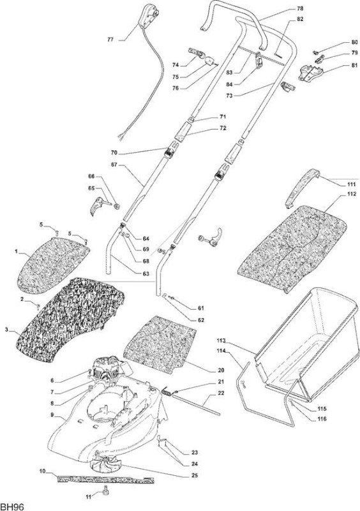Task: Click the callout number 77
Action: coord(110,40)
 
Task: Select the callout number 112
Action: coord(350,195)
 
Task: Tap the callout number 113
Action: coord(221,341)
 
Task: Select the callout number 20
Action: coord(221,370)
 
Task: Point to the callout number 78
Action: coord(300,8)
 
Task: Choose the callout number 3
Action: coord(6,330)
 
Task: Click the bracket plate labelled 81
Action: coord(310,72)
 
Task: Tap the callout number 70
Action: coord(114,153)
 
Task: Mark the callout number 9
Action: coord(52,415)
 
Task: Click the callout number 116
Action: coord(321,419)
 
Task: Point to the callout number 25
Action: coord(195,475)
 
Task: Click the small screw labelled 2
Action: coord(38,306)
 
